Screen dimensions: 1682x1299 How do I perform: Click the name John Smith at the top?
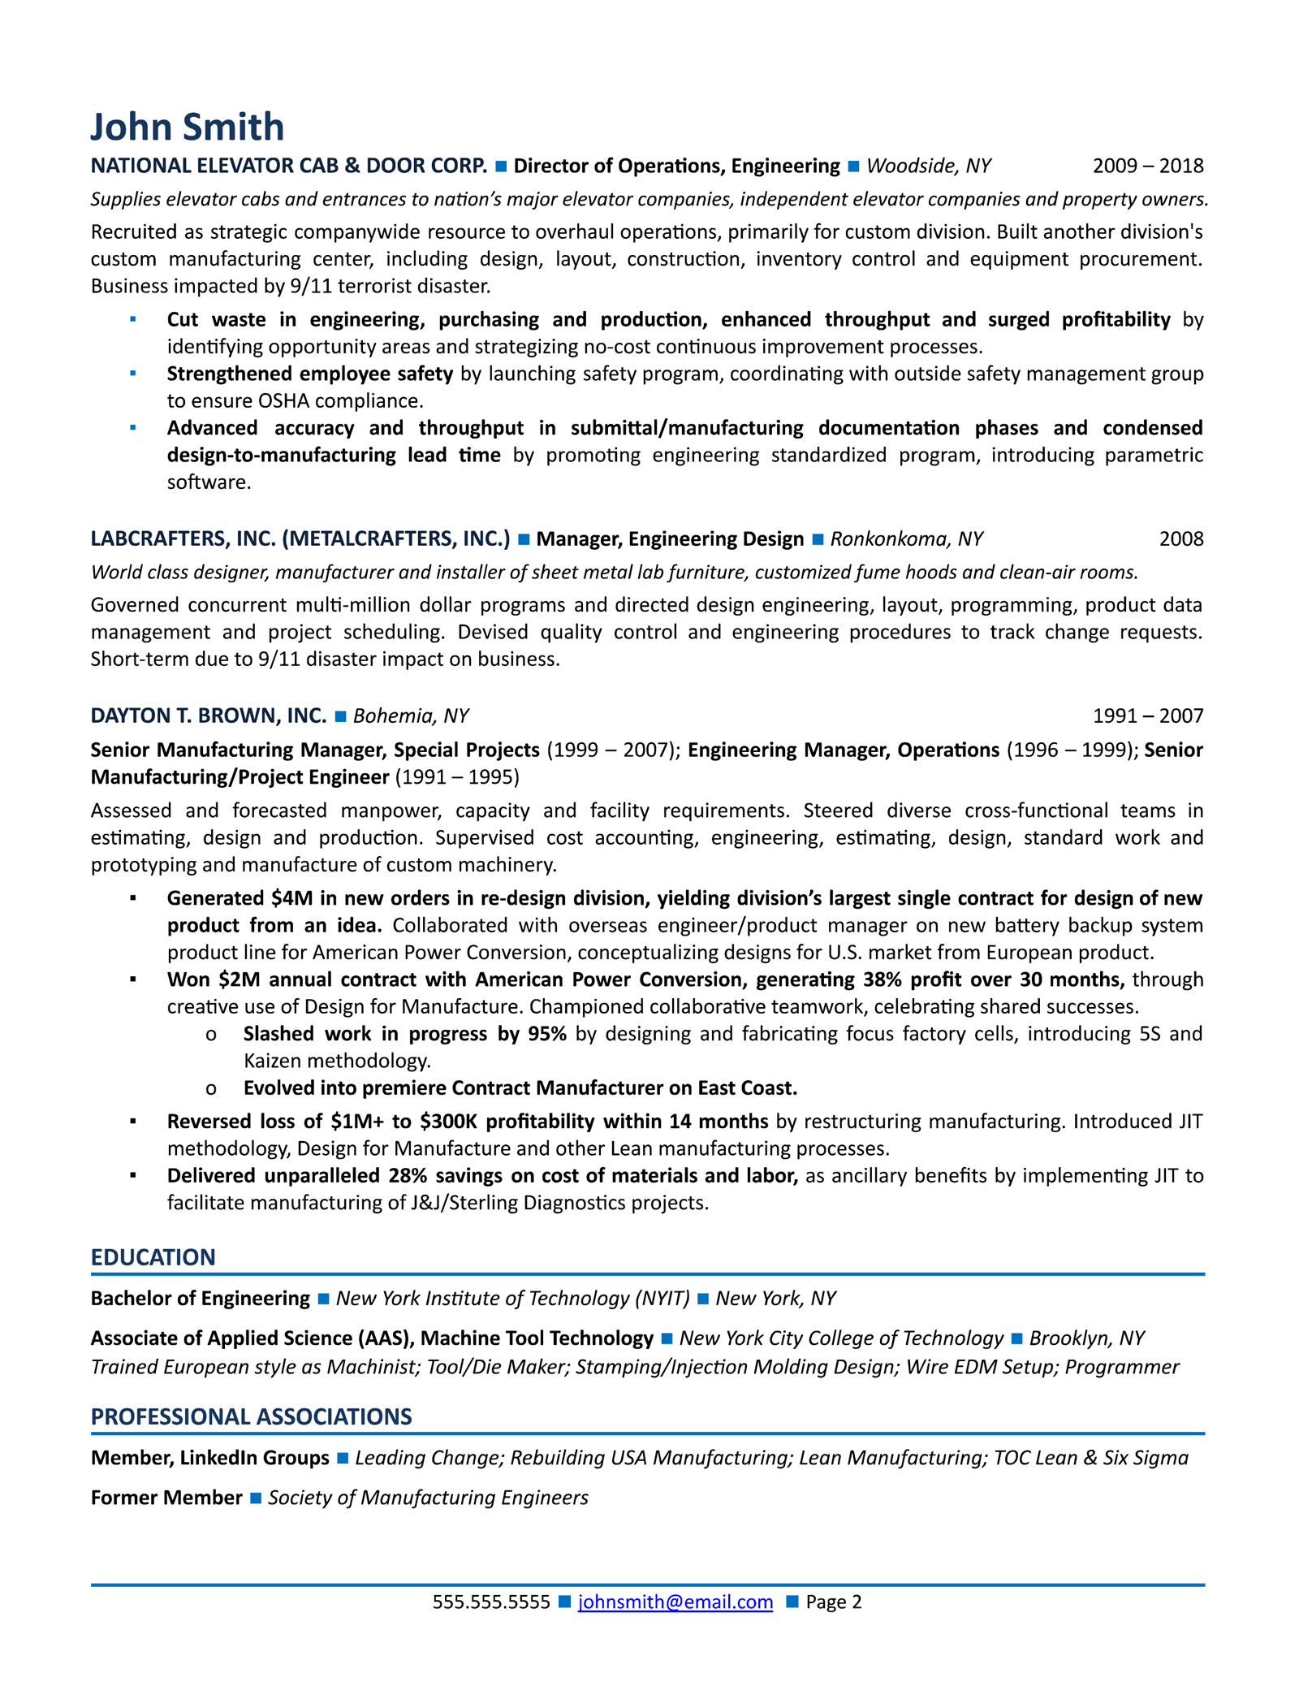187,128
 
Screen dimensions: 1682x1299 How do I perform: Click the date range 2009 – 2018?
1147,166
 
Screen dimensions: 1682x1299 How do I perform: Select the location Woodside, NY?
929,166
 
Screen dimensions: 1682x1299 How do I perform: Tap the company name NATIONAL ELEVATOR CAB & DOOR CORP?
288,166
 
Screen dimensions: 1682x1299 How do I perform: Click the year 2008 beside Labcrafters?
1180,539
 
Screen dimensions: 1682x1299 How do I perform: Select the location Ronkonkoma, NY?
906,539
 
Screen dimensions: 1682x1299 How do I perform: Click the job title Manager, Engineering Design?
670,539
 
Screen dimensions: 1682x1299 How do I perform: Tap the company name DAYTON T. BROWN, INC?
208,716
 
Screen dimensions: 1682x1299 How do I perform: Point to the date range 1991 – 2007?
1147,716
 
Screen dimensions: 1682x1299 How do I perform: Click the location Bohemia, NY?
411,716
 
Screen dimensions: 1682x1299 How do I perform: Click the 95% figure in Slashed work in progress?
546,1034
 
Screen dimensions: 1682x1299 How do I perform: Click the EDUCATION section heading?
153,1257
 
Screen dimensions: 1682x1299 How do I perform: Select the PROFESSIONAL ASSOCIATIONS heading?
251,1416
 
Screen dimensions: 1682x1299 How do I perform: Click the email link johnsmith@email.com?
675,1602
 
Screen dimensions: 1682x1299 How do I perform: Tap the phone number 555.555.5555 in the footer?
490,1602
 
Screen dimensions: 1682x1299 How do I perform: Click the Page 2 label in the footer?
833,1602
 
